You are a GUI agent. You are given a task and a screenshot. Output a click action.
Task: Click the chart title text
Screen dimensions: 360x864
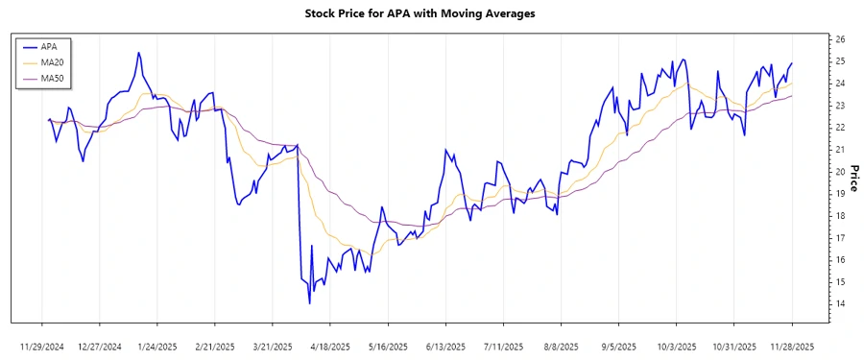[x=432, y=13]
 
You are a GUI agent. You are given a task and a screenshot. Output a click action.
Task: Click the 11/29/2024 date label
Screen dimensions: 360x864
[x=42, y=346]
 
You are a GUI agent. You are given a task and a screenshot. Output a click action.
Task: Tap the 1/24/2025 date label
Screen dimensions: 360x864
[x=157, y=346]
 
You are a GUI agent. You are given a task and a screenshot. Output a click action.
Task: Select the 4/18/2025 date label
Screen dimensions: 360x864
[x=330, y=346]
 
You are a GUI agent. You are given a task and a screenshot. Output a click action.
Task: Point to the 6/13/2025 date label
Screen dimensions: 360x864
[x=445, y=346]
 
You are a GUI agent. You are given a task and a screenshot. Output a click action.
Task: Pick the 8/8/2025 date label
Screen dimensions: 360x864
[x=561, y=346]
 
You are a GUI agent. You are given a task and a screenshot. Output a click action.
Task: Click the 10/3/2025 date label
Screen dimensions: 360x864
[x=676, y=346]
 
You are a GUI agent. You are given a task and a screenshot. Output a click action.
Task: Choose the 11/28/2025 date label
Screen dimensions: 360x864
[x=792, y=346]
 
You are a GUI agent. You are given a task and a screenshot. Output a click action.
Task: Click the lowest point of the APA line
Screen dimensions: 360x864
[x=309, y=303]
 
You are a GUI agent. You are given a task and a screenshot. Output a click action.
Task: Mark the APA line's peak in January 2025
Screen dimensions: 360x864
[x=139, y=52]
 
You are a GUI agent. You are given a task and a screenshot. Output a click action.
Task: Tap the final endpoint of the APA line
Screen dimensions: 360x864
[x=792, y=63]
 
